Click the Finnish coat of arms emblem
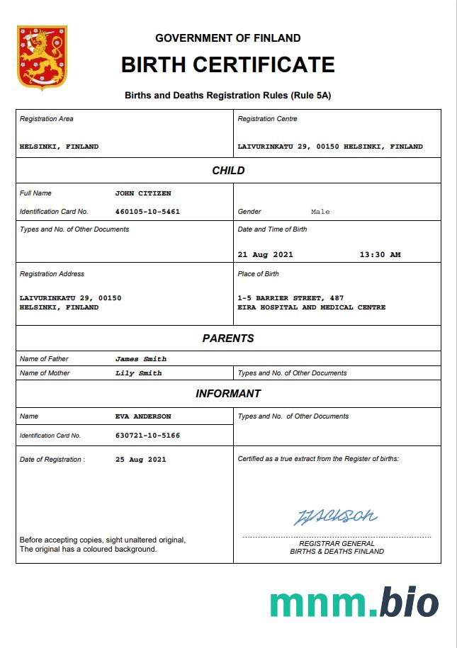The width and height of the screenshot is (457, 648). [x=42, y=58]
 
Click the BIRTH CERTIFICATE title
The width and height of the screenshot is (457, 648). [x=227, y=65]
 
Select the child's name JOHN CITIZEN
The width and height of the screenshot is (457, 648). [x=143, y=193]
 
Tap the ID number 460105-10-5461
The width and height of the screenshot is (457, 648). [x=147, y=212]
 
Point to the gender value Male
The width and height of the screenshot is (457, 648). [x=320, y=212]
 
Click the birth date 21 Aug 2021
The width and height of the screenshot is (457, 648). [x=266, y=255]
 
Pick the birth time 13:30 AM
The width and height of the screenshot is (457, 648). [x=380, y=255]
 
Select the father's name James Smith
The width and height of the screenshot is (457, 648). [x=141, y=359]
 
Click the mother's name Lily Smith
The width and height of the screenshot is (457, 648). [x=139, y=373]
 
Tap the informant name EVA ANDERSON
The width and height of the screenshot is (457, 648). [x=143, y=416]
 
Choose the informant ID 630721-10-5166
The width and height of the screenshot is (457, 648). [x=147, y=436]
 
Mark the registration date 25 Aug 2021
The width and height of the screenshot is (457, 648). [x=141, y=460]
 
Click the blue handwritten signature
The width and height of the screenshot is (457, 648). [x=335, y=516]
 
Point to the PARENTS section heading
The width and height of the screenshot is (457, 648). [x=228, y=339]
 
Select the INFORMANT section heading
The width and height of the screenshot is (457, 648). [x=228, y=394]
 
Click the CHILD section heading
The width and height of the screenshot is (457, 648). [x=228, y=171]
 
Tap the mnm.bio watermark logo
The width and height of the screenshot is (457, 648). [x=354, y=602]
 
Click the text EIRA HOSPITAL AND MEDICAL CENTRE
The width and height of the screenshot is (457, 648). [x=312, y=307]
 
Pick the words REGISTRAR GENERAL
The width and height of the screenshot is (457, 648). [x=337, y=544]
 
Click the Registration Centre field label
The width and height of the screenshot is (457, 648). [x=268, y=119]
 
